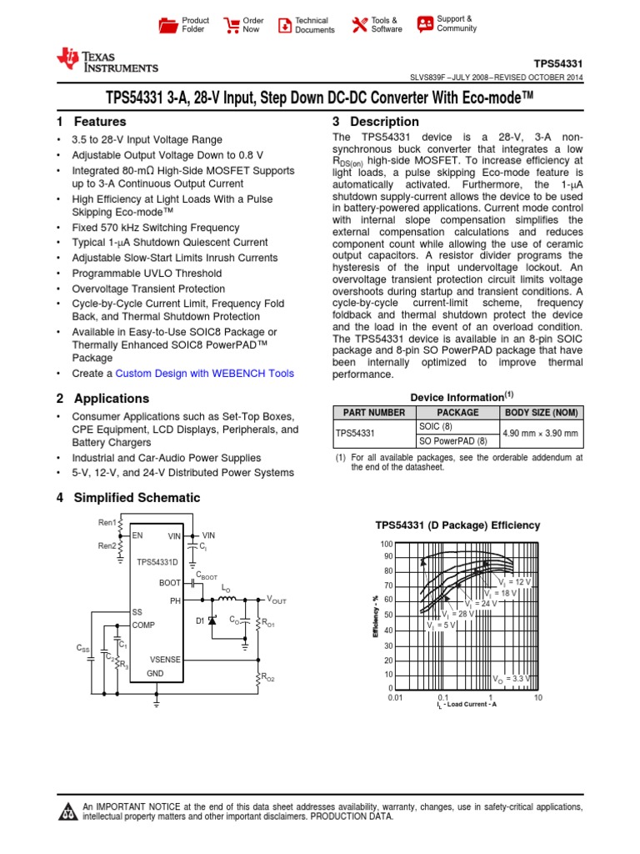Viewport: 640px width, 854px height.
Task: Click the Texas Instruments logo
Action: click(106, 59)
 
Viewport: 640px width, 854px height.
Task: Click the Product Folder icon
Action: click(169, 25)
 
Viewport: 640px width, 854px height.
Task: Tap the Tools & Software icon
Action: click(359, 25)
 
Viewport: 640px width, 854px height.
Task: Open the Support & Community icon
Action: click(425, 23)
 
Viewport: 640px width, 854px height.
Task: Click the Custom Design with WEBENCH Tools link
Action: click(204, 374)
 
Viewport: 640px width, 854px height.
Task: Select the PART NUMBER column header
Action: click(370, 412)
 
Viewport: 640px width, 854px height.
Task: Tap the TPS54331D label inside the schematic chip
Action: click(158, 562)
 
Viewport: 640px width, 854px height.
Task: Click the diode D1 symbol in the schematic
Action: click(212, 621)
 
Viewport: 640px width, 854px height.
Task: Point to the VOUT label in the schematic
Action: click(276, 600)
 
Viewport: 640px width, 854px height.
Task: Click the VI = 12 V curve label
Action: click(514, 580)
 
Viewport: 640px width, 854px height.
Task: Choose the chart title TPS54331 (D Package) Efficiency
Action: click(457, 525)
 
